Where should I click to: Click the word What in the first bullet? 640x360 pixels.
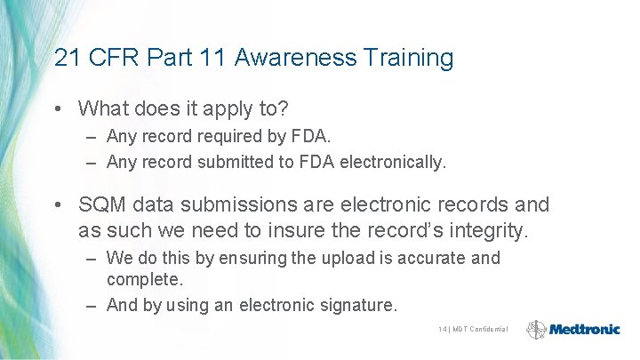tap(103, 108)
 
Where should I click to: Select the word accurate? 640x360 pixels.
tap(428, 259)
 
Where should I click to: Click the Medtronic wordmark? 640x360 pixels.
tap(585, 330)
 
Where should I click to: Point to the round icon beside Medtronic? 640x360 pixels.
tap(537, 330)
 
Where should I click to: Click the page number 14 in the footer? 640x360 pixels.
tap(442, 330)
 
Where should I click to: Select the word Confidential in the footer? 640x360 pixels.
tap(489, 330)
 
